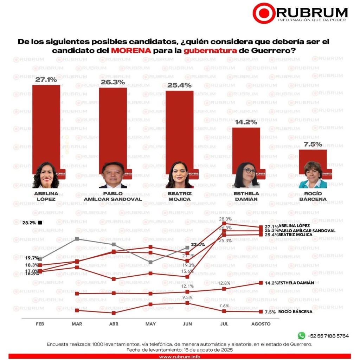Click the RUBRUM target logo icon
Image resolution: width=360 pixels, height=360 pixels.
[264, 13]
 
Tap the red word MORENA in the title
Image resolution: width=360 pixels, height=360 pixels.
[131, 50]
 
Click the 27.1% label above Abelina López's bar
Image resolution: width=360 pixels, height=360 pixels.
[46, 80]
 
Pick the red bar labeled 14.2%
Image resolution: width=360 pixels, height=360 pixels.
[246, 149]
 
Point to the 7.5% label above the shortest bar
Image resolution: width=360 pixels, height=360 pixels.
[313, 144]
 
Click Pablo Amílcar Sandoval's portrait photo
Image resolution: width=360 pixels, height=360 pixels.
[113, 175]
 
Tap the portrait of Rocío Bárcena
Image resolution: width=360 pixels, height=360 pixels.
[313, 175]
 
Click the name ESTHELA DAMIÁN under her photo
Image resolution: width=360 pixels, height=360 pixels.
[246, 196]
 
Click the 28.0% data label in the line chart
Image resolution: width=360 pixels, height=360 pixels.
[225, 219]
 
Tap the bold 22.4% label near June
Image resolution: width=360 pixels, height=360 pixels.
[198, 245]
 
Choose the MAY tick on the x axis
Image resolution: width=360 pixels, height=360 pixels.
[150, 324]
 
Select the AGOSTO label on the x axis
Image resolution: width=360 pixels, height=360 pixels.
[261, 324]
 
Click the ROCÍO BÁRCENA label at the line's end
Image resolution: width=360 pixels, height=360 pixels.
[295, 311]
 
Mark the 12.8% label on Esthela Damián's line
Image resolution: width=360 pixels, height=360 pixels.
[224, 283]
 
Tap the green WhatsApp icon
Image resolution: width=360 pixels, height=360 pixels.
[301, 336]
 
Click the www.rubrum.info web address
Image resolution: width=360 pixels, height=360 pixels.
[180, 357]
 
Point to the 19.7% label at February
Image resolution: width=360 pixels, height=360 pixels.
[32, 258]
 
